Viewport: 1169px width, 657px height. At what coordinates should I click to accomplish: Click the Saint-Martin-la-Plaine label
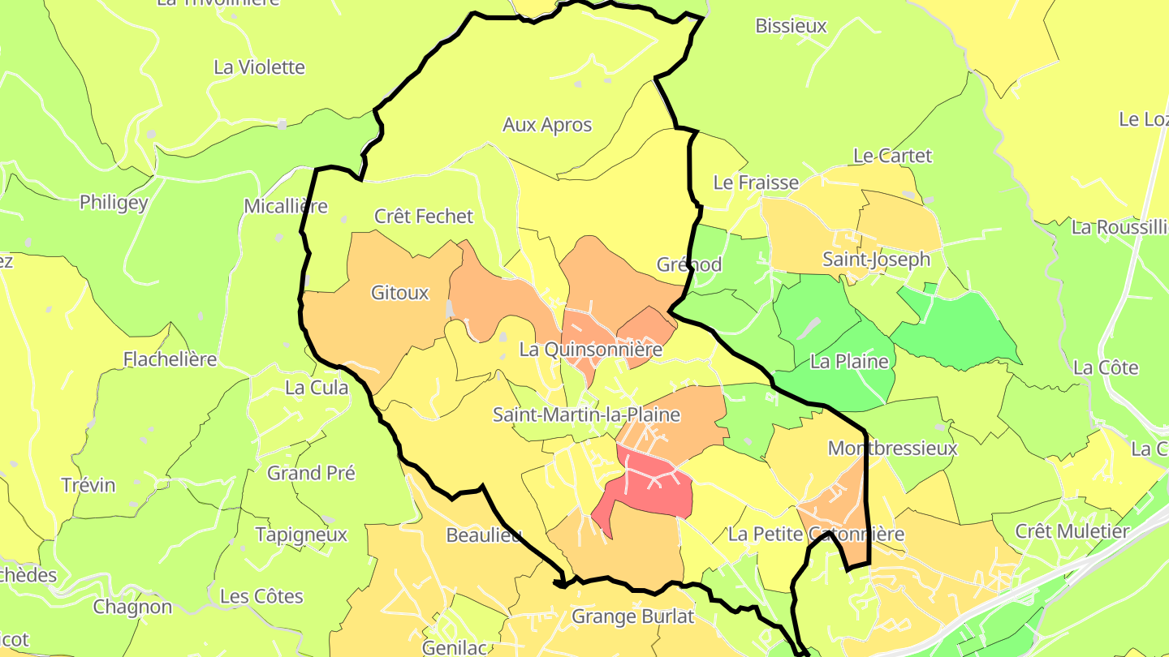pos(586,414)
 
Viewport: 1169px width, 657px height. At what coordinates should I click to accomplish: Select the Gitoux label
pos(399,293)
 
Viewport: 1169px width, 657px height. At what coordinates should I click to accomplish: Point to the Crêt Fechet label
pos(423,216)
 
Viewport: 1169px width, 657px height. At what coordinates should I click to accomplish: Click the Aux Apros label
pos(547,125)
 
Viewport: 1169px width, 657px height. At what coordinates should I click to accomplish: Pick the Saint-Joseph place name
pos(876,259)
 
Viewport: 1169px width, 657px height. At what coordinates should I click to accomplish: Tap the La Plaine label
pos(850,361)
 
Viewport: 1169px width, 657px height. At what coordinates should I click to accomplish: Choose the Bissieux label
pos(791,25)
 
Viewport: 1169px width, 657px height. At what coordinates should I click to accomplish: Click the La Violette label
pos(259,67)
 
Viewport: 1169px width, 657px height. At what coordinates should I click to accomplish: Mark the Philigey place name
pos(114,202)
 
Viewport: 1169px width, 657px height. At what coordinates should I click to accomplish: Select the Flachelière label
pos(170,359)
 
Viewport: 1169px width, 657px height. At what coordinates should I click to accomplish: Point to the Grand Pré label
pos(311,472)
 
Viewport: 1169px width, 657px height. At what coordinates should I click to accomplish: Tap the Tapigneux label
pos(301,535)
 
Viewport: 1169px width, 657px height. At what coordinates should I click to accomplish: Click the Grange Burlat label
pos(633,616)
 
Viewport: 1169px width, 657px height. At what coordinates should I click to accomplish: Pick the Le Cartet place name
pos(892,155)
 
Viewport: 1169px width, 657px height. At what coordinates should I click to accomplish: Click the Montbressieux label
pos(892,448)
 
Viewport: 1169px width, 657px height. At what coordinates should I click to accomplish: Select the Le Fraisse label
pos(756,182)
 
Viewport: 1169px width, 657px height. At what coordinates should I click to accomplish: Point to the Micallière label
pos(286,206)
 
